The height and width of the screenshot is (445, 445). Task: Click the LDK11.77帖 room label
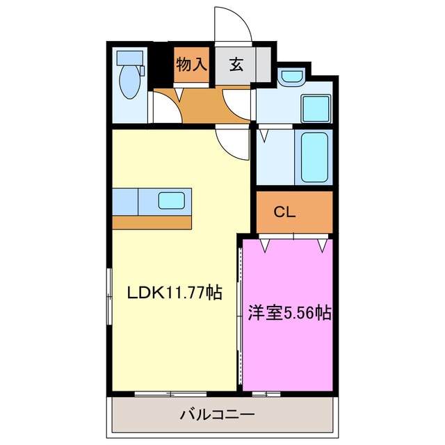click(175, 292)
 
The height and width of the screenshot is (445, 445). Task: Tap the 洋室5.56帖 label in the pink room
click(289, 313)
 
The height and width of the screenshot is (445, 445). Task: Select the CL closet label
click(284, 211)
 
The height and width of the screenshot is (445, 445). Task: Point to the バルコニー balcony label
click(218, 415)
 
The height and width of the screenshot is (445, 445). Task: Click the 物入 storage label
click(191, 65)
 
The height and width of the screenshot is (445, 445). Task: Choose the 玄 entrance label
click(236, 65)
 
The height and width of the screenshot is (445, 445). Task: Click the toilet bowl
click(130, 82)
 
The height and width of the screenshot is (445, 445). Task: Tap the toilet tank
click(130, 58)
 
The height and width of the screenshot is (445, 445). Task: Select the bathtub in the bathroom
click(314, 157)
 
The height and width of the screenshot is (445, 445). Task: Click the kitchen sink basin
click(172, 201)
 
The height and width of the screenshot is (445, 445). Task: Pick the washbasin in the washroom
click(291, 76)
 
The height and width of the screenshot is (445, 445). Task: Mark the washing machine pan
click(316, 109)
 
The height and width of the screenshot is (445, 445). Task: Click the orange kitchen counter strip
click(152, 222)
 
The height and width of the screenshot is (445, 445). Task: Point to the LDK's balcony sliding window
click(170, 394)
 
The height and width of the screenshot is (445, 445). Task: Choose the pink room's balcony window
click(266, 394)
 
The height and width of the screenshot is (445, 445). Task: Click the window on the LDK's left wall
click(109, 297)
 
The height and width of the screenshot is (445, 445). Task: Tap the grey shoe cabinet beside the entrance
click(264, 65)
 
